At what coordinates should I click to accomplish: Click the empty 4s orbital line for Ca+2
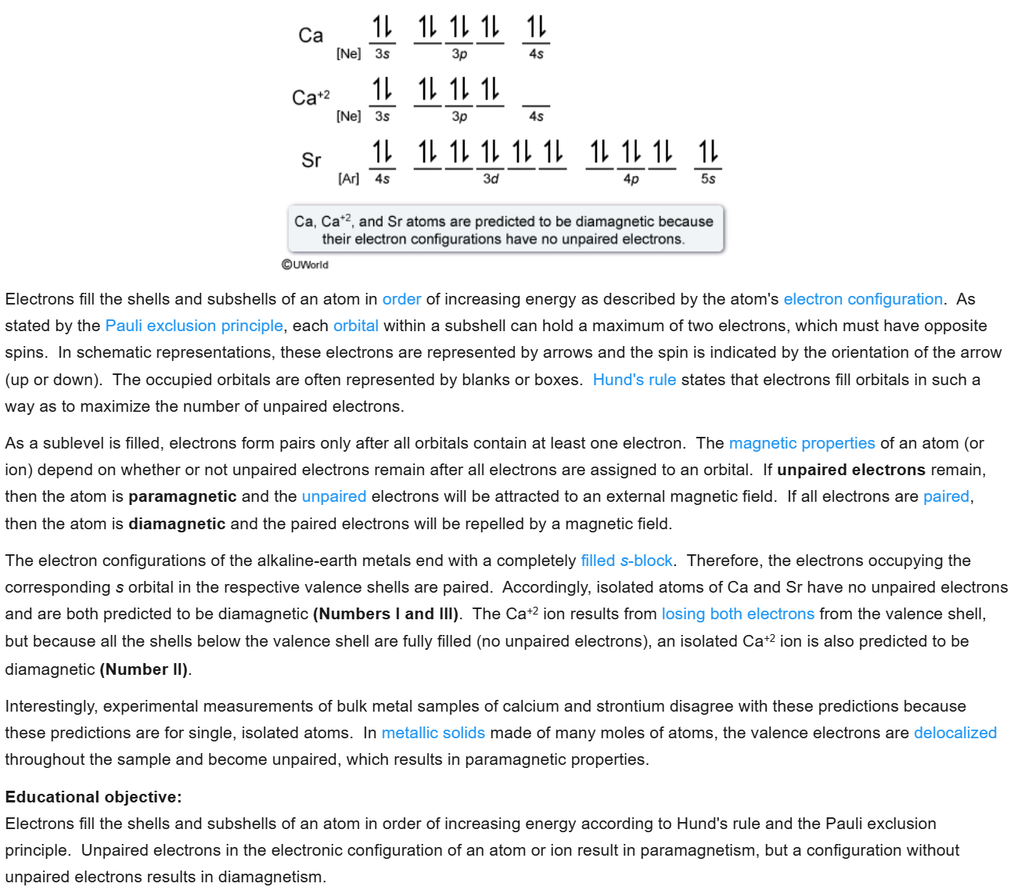(x=536, y=105)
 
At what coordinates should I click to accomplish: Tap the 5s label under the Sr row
(x=708, y=179)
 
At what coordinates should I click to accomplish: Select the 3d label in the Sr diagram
(x=491, y=179)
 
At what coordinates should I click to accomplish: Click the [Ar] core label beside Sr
(x=348, y=179)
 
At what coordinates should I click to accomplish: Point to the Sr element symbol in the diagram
(x=311, y=160)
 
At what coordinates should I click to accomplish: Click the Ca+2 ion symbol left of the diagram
(x=311, y=98)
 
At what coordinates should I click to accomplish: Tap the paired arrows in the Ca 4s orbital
(x=536, y=27)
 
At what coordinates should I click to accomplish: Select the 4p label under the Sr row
(x=631, y=179)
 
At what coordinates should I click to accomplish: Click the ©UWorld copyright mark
(x=305, y=265)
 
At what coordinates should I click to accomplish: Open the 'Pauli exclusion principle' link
(x=194, y=326)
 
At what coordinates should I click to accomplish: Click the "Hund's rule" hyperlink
(x=634, y=380)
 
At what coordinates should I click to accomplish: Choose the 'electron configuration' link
(x=863, y=299)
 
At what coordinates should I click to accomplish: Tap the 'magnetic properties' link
(x=801, y=443)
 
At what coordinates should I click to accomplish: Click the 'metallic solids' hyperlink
(x=433, y=733)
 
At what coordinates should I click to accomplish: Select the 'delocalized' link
(x=955, y=733)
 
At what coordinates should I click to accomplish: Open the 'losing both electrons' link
(x=738, y=614)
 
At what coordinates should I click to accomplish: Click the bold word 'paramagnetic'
(x=182, y=496)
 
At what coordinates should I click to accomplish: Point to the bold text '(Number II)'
(x=144, y=669)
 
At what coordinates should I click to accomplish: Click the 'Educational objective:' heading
(x=93, y=797)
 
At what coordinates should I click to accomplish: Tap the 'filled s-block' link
(x=626, y=561)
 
